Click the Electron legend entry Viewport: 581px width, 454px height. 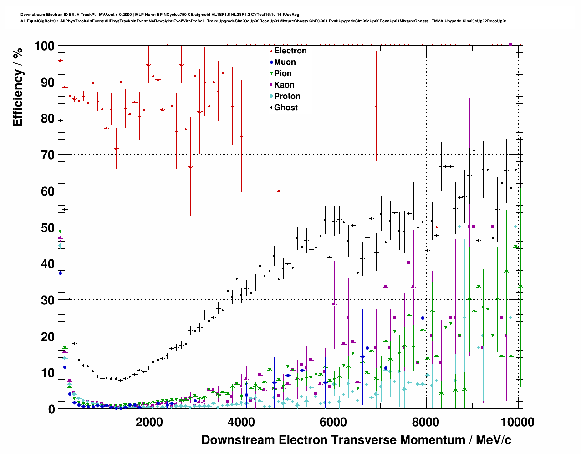290,51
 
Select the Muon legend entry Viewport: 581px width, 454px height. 285,62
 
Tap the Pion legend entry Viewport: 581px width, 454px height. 283,73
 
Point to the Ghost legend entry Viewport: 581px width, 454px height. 285,108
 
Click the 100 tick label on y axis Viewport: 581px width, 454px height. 44,46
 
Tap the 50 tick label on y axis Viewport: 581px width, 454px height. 47,227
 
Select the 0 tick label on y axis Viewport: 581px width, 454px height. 51,409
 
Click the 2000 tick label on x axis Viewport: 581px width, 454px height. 149,422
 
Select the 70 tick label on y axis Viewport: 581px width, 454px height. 47,155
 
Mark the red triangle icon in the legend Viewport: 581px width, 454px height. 271,51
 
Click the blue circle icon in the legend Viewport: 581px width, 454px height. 271,62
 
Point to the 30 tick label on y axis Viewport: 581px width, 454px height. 47,300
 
